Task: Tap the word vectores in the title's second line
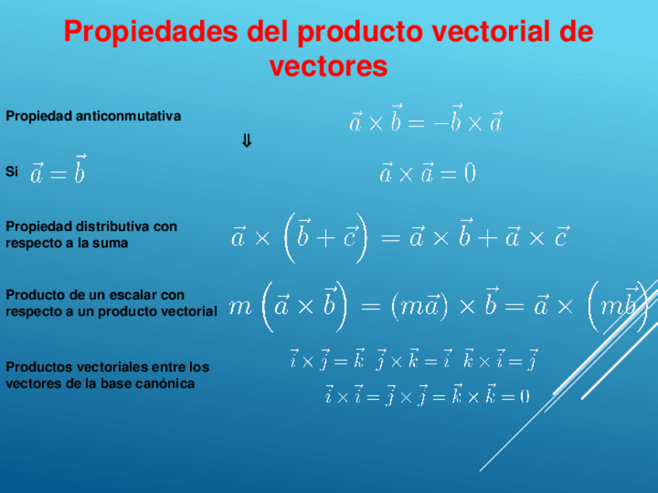(x=328, y=67)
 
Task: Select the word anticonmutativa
(x=128, y=116)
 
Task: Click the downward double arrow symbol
(x=247, y=142)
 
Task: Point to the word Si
(x=12, y=172)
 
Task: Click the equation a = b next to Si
(x=57, y=171)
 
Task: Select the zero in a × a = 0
(x=469, y=174)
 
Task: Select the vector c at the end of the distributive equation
(x=562, y=236)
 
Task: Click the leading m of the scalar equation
(x=241, y=307)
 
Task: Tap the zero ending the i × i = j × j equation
(x=525, y=397)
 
